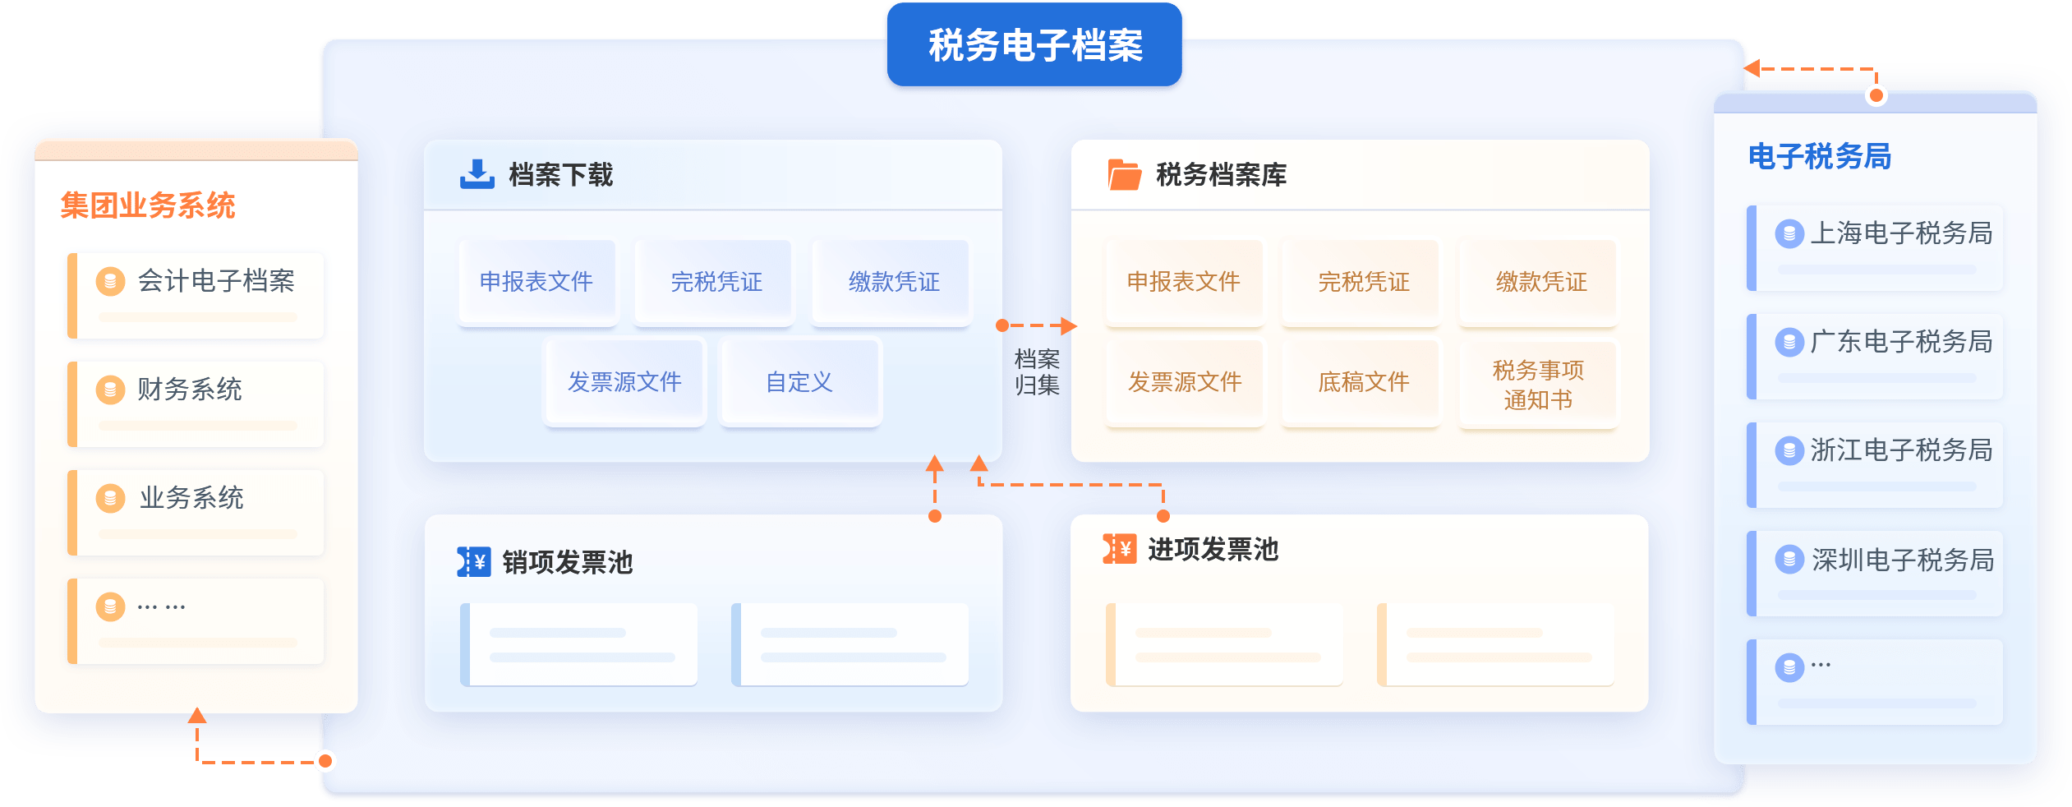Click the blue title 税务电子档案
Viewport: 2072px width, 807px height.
click(1034, 45)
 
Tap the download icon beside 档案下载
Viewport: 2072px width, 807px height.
click(477, 174)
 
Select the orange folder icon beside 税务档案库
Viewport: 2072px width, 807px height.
click(1124, 174)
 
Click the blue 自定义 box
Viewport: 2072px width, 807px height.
click(799, 382)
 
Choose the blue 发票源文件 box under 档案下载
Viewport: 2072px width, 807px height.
click(624, 382)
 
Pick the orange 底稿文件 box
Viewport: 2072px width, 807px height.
click(1363, 382)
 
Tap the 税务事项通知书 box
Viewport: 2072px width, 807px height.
click(1538, 385)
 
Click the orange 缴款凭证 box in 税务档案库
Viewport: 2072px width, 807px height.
click(1540, 282)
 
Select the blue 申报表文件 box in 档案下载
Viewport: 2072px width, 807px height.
click(536, 282)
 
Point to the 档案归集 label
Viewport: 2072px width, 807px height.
click(1037, 372)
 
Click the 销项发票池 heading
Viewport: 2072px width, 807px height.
click(567, 562)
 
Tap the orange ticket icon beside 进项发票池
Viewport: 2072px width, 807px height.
click(1119, 549)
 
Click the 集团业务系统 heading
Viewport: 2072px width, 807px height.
click(148, 205)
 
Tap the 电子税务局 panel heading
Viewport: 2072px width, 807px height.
click(1819, 156)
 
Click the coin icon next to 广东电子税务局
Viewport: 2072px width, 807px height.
click(1789, 342)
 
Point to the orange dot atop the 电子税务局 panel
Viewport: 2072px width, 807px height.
click(1876, 95)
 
